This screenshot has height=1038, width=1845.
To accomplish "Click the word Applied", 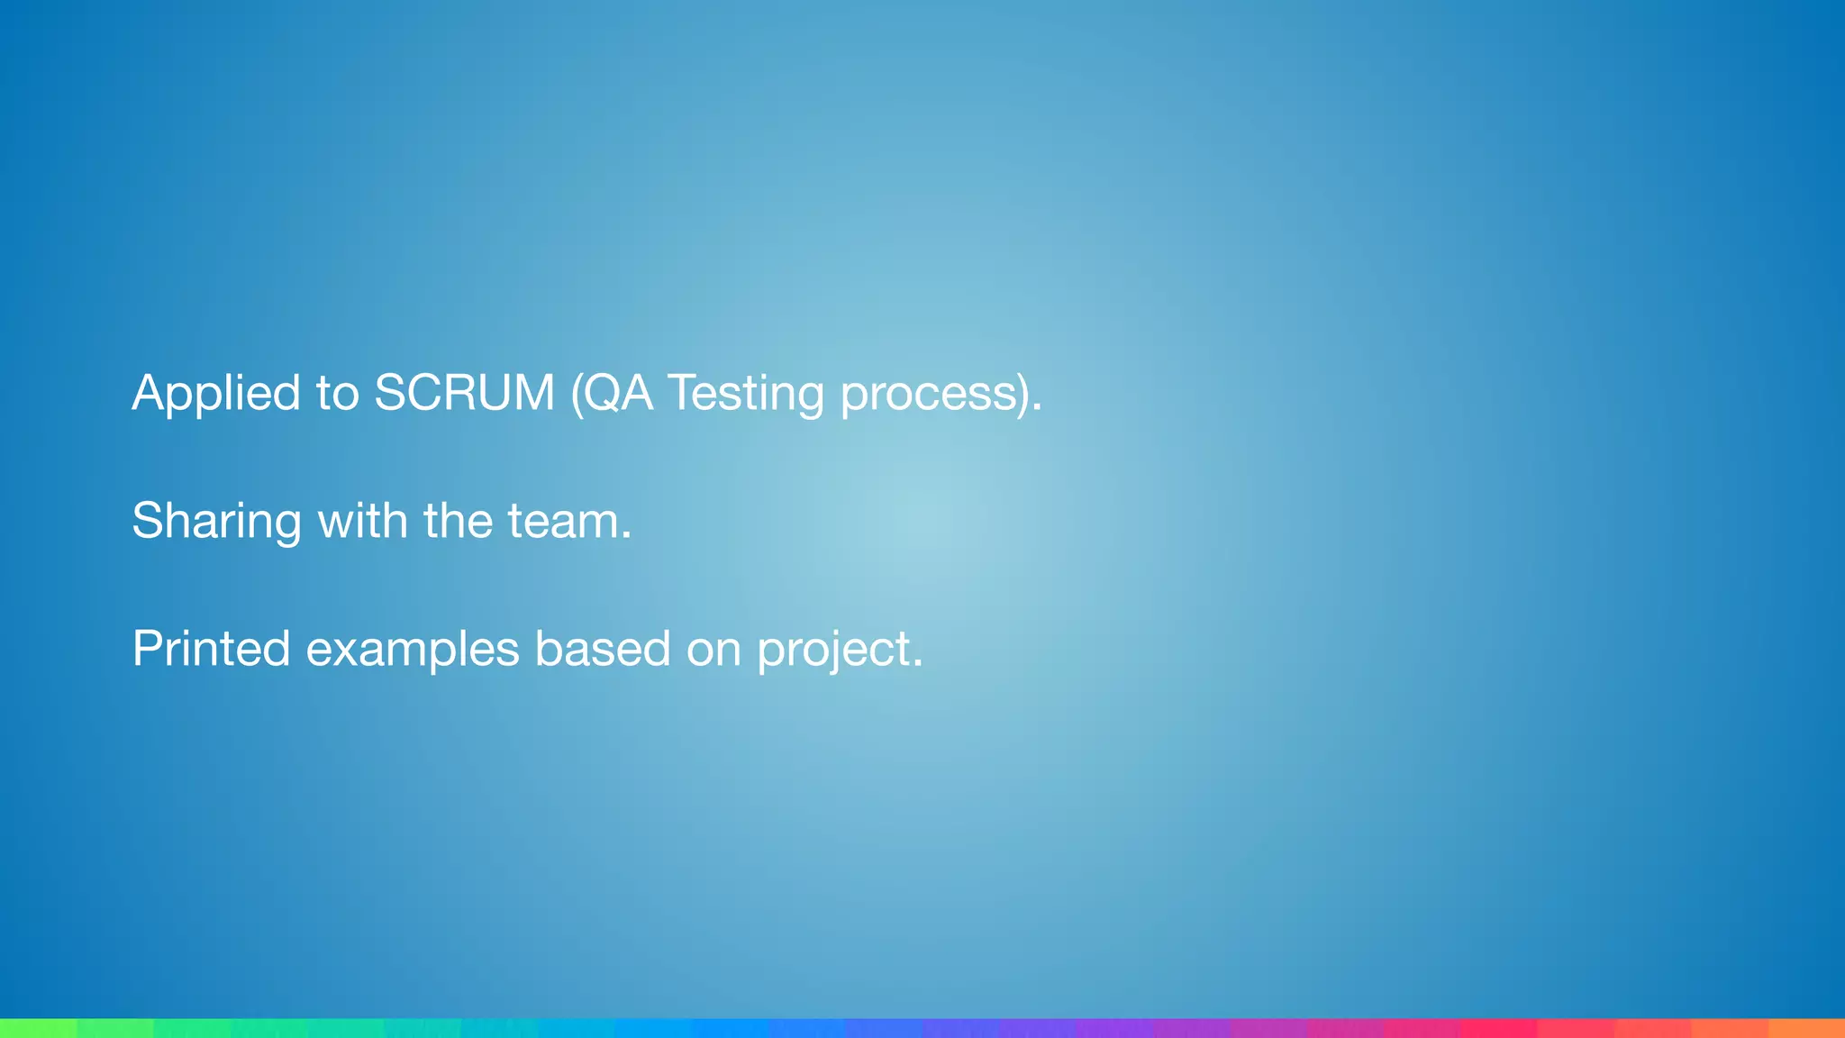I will pos(216,394).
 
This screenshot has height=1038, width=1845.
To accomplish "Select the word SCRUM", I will pos(464,394).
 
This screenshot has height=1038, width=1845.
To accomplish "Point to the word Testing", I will pos(745,394).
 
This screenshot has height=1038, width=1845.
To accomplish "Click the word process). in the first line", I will pos(941,394).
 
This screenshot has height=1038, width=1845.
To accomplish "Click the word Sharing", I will pos(216,522).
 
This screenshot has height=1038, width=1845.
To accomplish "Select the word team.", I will pos(569,522).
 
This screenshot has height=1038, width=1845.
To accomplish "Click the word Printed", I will pos(211,649).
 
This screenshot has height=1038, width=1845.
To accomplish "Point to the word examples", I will pos(413,649).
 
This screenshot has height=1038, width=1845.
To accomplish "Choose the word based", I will pos(603,649).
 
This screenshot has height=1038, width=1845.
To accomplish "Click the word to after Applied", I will pos(337,394).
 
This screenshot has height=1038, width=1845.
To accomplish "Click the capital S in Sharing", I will pos(148,521).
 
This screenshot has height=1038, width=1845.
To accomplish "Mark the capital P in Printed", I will pos(148,648).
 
